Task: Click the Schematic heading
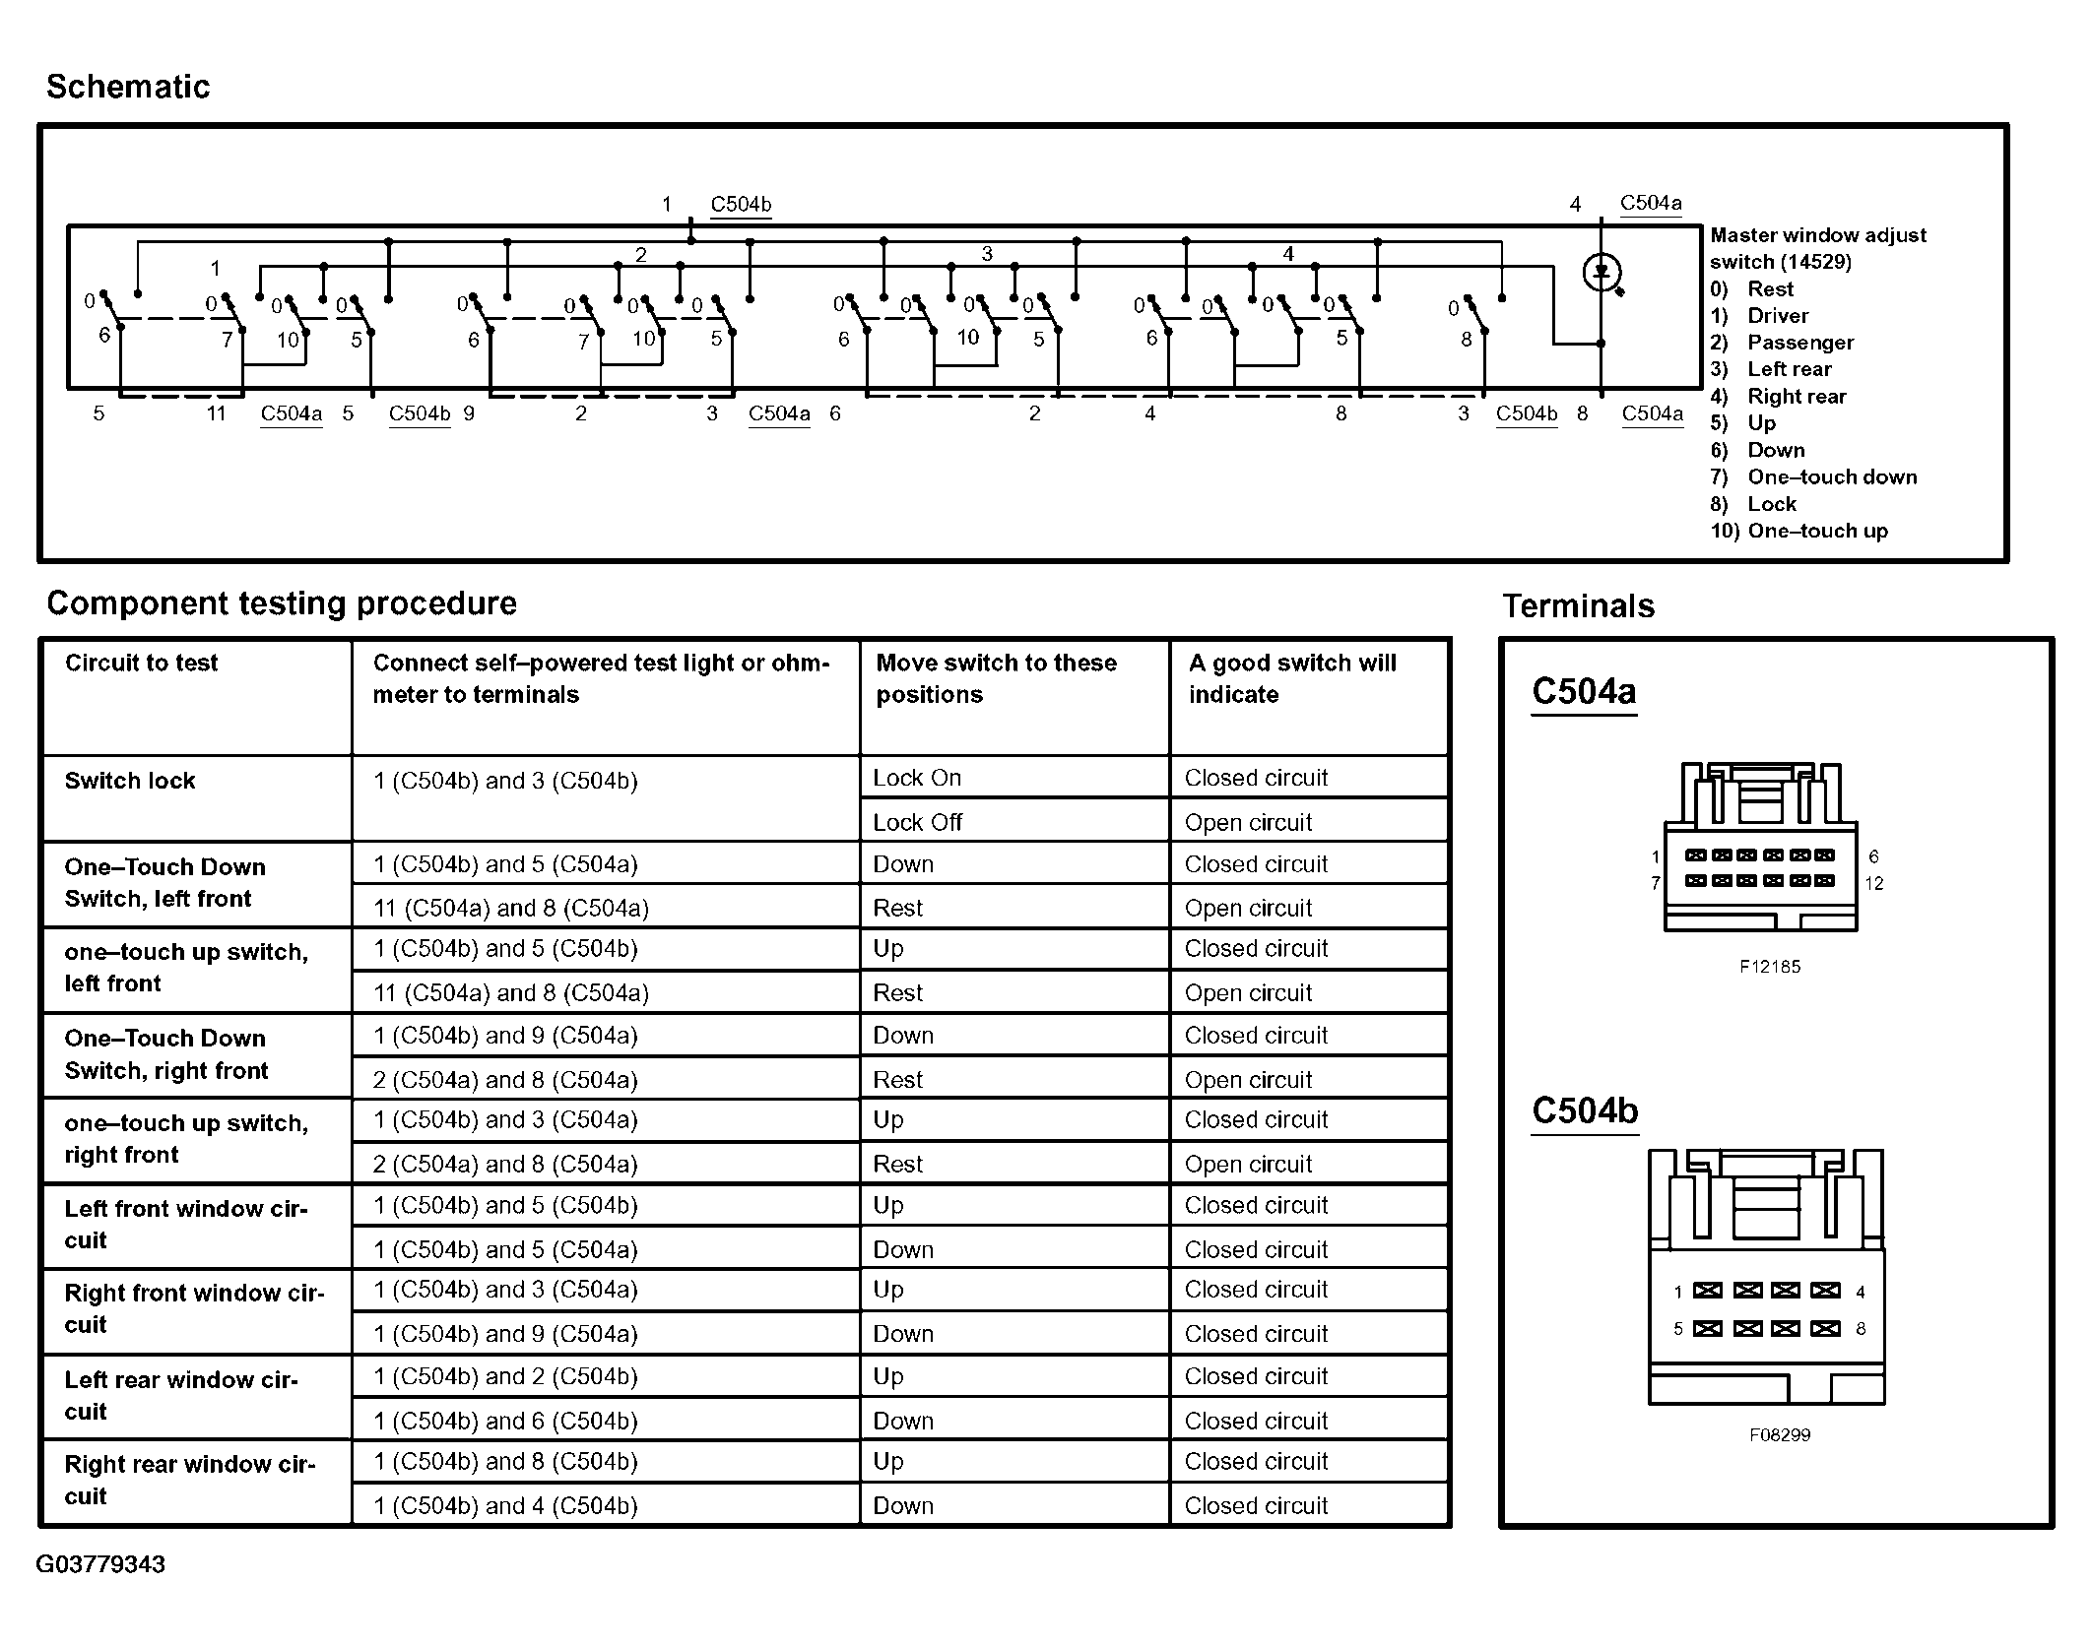tap(128, 87)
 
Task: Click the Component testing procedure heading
tap(282, 603)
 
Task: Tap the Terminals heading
tap(1578, 606)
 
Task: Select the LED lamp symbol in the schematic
tap(1602, 272)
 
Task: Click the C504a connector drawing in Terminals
tap(1760, 849)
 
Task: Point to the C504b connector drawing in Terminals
tap(1766, 1278)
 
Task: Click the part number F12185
tap(1769, 967)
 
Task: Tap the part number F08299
tap(1779, 1435)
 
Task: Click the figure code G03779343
tap(100, 1565)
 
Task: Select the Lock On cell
tap(917, 778)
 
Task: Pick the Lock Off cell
tap(917, 822)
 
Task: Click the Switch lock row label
tap(130, 782)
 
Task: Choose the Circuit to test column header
tap(142, 664)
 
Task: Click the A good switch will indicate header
tap(1291, 678)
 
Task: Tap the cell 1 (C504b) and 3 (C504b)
tap(505, 782)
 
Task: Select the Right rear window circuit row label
tap(189, 1480)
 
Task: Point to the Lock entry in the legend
tap(1771, 505)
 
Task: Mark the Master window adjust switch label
tap(1817, 248)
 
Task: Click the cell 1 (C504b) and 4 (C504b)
tap(505, 1505)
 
